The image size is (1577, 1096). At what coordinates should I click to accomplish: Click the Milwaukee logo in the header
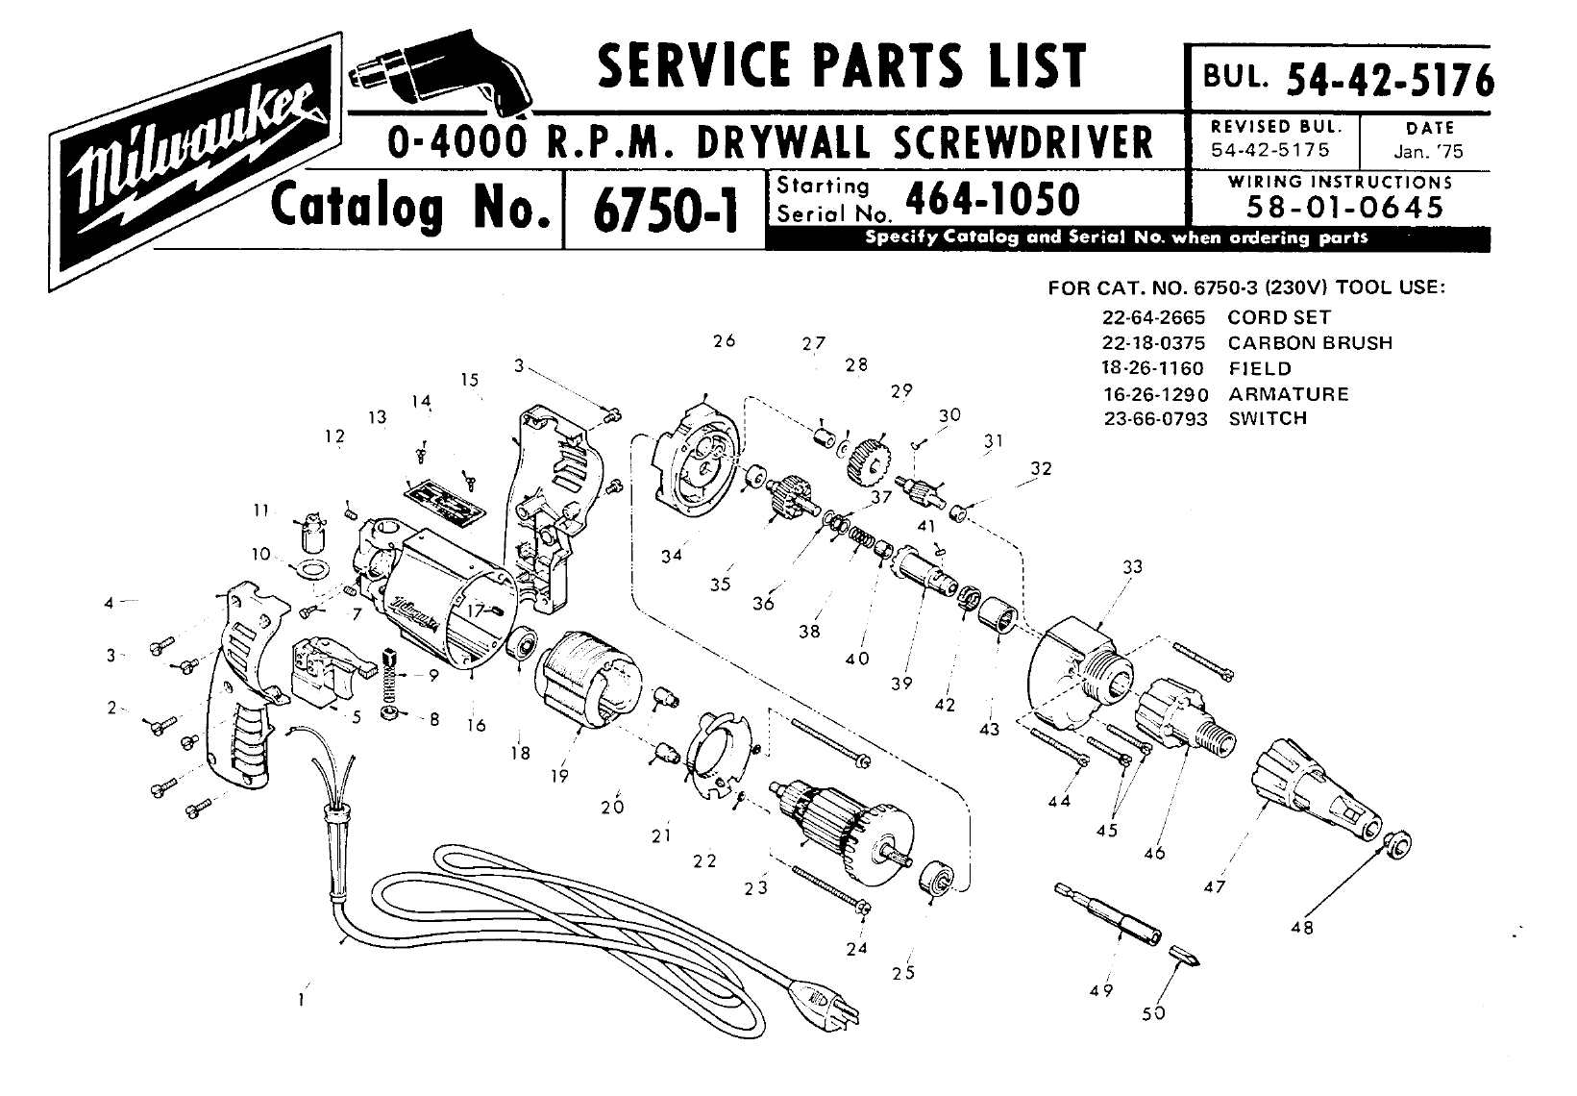tap(195, 162)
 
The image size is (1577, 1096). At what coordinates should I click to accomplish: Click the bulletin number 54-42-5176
tap(1390, 79)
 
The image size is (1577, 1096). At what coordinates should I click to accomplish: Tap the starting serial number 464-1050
tap(992, 199)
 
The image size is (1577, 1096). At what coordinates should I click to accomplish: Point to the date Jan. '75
tap(1428, 152)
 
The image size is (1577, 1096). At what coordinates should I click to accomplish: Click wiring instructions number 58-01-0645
tap(1345, 207)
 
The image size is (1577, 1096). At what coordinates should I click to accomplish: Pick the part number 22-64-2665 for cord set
tap(1153, 317)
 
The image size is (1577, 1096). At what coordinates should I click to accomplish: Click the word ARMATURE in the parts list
tap(1289, 394)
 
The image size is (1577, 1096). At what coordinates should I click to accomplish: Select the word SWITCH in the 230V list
tap(1268, 418)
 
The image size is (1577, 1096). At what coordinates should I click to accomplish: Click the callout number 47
tap(1215, 886)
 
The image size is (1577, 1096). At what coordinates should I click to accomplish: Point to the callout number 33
tap(1133, 566)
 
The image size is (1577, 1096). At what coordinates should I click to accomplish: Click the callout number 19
tap(559, 776)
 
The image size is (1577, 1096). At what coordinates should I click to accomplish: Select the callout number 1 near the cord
tap(302, 1000)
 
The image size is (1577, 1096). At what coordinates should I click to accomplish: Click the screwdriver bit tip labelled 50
tap(1185, 956)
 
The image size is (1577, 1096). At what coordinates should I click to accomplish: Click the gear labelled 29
tap(869, 461)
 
